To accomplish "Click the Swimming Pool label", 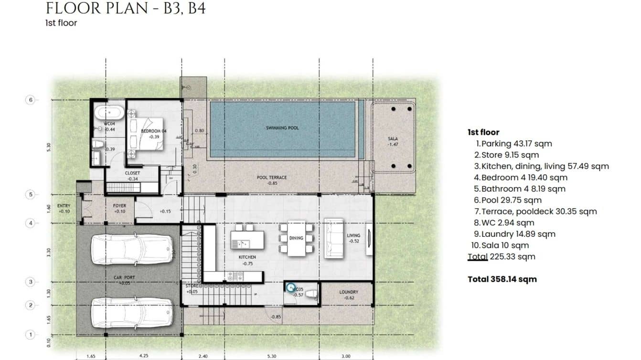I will tap(282, 128).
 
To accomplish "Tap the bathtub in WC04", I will tap(109, 114).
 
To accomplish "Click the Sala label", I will tap(393, 139).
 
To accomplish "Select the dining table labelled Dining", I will tap(296, 238).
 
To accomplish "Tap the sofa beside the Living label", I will tap(333, 238).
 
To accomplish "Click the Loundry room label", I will tap(348, 292).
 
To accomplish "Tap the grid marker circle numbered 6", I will tap(30, 100).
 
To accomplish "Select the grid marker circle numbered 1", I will tap(30, 335).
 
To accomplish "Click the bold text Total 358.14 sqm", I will tap(502, 279).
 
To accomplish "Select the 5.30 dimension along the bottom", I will tap(272, 356).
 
